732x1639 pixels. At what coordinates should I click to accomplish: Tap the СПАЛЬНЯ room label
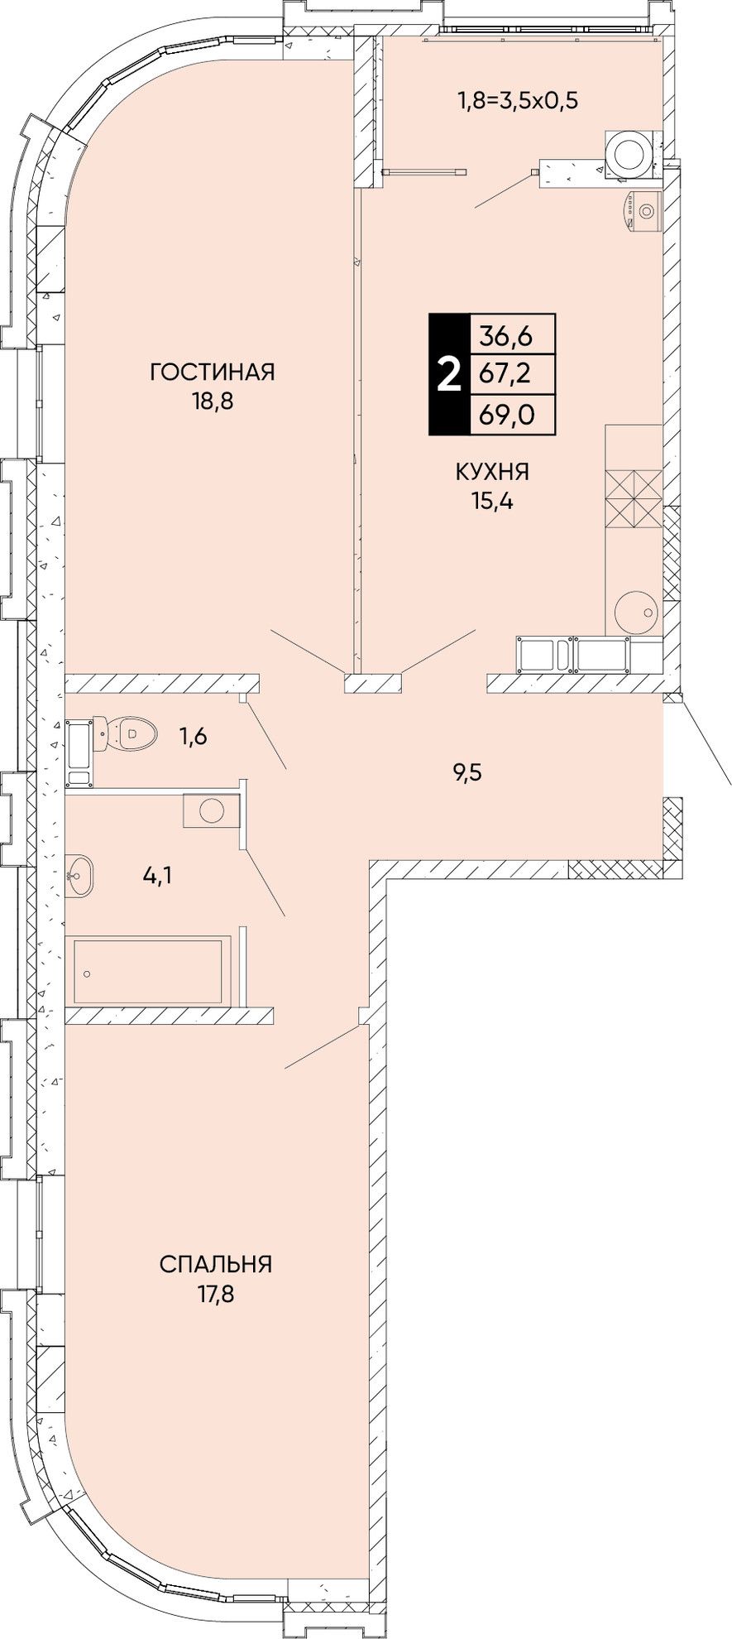pyautogui.click(x=216, y=1265)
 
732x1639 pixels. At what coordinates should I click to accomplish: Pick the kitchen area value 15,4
pyautogui.click(x=493, y=502)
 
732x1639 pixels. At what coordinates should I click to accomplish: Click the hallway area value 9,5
pyautogui.click(x=466, y=773)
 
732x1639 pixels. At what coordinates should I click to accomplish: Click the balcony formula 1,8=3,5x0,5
pyautogui.click(x=517, y=101)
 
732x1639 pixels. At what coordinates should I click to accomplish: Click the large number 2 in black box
pyautogui.click(x=448, y=375)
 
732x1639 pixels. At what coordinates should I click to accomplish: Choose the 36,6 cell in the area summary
pyautogui.click(x=511, y=335)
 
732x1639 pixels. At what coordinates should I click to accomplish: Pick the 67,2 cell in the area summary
pyautogui.click(x=511, y=375)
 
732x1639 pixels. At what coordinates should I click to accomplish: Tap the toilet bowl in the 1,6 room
pyautogui.click(x=133, y=733)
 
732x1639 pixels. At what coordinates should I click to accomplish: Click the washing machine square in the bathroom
pyautogui.click(x=211, y=810)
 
